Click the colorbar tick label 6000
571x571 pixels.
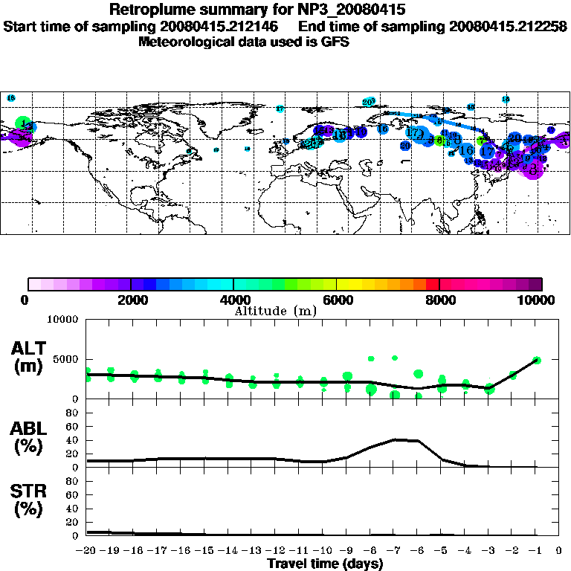click(337, 300)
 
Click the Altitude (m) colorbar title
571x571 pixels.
click(276, 311)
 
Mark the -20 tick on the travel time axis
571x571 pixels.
click(87, 551)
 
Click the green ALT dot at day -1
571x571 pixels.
click(537, 360)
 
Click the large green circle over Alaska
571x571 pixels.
click(22, 123)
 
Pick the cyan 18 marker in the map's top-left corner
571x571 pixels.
click(11, 98)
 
